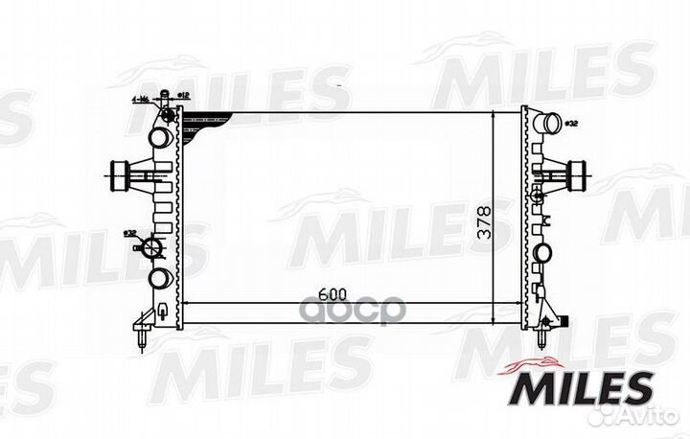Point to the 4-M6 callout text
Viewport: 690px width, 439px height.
coord(141,99)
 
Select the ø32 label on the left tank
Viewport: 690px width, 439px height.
coord(128,233)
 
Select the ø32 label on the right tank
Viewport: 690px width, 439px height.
coord(571,123)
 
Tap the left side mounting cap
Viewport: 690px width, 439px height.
coord(119,176)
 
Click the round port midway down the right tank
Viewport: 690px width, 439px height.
coord(543,253)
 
